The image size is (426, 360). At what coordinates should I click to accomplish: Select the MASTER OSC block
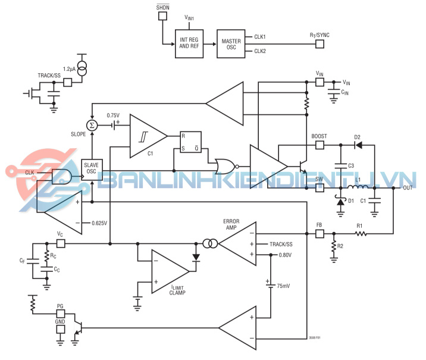(x=232, y=43)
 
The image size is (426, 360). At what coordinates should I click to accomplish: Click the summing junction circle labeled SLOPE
(x=92, y=125)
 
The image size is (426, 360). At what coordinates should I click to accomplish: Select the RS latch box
(x=190, y=141)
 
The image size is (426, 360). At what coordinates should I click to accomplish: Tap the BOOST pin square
(x=319, y=144)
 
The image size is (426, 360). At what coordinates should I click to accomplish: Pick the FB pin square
(x=319, y=233)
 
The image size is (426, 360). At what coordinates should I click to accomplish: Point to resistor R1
(x=359, y=234)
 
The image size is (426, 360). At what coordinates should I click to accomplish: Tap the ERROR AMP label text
(x=231, y=224)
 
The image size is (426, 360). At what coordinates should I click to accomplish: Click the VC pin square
(x=60, y=243)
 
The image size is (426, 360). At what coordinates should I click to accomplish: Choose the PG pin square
(x=60, y=314)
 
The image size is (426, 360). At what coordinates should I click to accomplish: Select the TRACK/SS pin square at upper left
(x=67, y=82)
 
